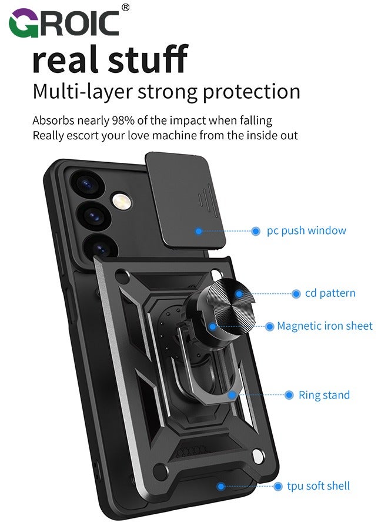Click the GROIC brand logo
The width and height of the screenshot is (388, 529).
click(64, 23)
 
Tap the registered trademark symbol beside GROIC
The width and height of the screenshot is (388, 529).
click(125, 8)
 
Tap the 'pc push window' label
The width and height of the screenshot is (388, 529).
click(306, 231)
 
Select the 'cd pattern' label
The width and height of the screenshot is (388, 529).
click(330, 293)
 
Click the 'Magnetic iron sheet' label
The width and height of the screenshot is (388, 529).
click(325, 326)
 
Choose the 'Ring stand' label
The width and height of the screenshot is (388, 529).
click(325, 395)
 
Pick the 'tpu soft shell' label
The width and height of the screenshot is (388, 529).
click(318, 486)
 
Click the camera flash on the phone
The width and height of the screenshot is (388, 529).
click(122, 202)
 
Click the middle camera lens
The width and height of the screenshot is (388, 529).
click(95, 216)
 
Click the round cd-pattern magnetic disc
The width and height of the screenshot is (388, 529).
click(233, 307)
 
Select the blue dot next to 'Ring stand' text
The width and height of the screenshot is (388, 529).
click(289, 395)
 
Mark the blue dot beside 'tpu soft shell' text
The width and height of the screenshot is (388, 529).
click(278, 487)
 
